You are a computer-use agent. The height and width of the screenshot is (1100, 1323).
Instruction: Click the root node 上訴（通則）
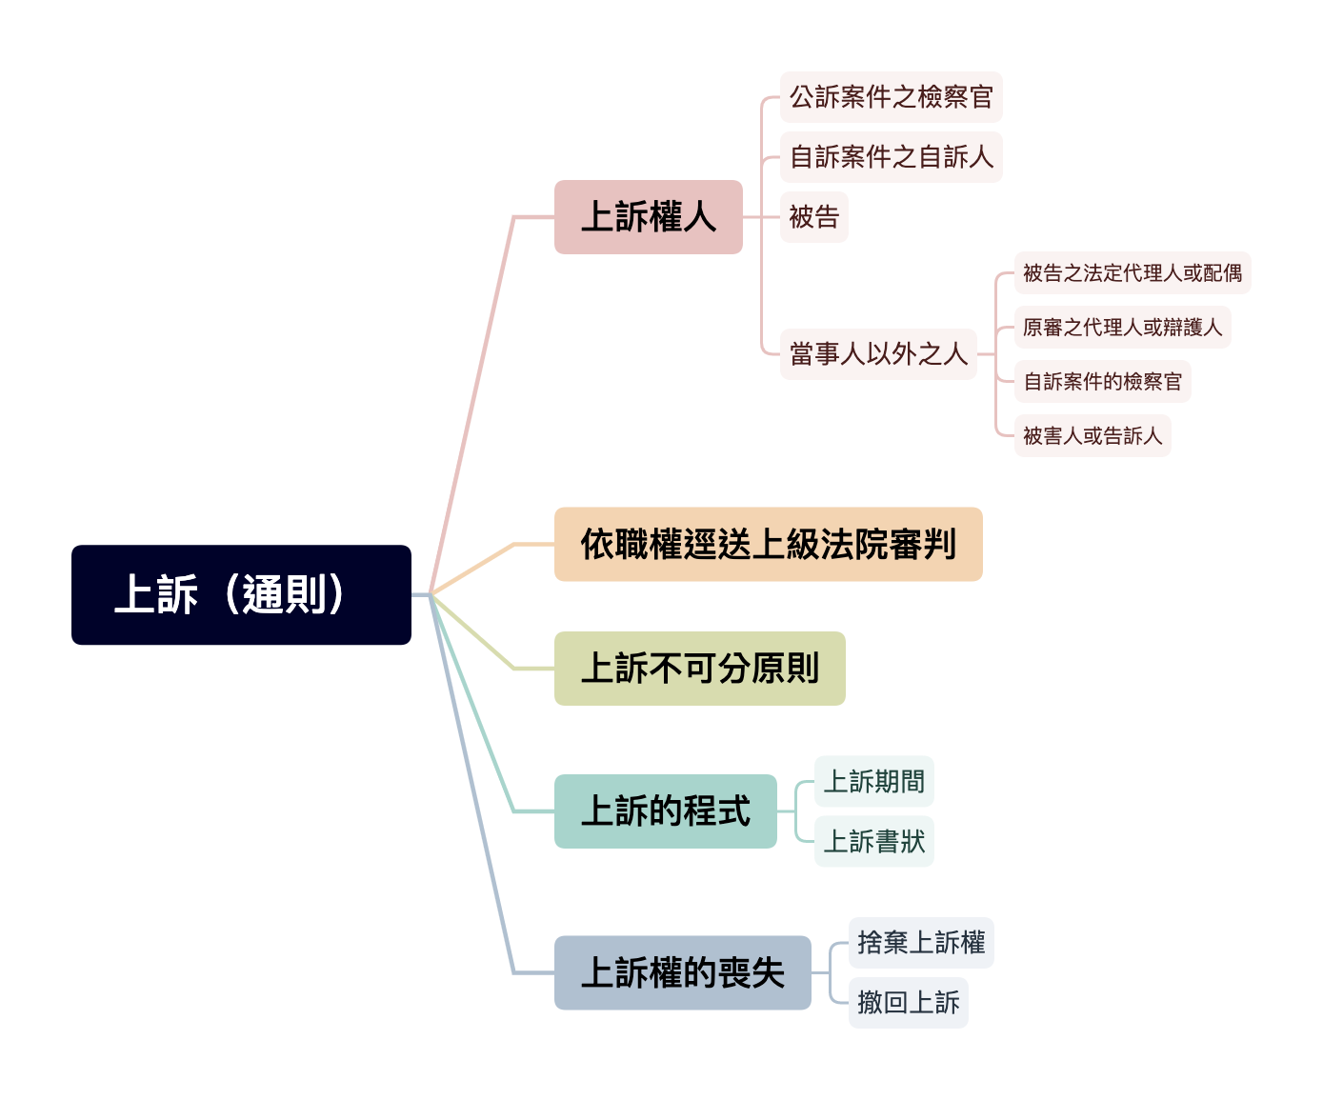241,595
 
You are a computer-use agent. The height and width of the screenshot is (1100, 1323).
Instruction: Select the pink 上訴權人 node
648,217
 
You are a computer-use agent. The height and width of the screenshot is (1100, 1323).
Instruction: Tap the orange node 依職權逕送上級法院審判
768,545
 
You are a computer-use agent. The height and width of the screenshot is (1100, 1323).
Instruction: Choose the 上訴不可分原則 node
699,669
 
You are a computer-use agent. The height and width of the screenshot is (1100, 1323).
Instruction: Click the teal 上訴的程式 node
665,811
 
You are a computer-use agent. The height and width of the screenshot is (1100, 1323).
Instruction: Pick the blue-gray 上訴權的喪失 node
682,973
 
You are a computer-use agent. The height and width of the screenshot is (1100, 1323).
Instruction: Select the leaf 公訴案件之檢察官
891,97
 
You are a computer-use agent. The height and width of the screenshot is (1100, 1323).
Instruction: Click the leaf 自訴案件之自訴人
891,157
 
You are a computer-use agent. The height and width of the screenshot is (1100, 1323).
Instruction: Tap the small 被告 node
813,217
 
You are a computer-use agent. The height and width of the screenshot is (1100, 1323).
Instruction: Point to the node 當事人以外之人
878,354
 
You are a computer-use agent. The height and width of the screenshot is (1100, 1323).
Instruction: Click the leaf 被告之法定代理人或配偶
1132,273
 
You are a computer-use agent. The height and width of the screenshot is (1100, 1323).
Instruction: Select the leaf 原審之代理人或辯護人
1122,328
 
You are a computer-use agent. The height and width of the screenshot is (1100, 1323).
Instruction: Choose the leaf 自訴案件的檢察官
1102,382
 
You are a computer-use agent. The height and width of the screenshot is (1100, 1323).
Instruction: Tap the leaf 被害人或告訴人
1092,436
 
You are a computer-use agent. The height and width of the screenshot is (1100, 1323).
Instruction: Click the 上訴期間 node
873,782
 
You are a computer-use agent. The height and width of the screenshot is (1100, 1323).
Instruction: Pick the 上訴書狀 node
873,842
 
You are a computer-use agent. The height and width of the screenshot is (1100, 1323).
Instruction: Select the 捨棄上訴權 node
921,943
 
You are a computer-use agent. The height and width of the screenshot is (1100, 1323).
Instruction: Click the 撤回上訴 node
908,1003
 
